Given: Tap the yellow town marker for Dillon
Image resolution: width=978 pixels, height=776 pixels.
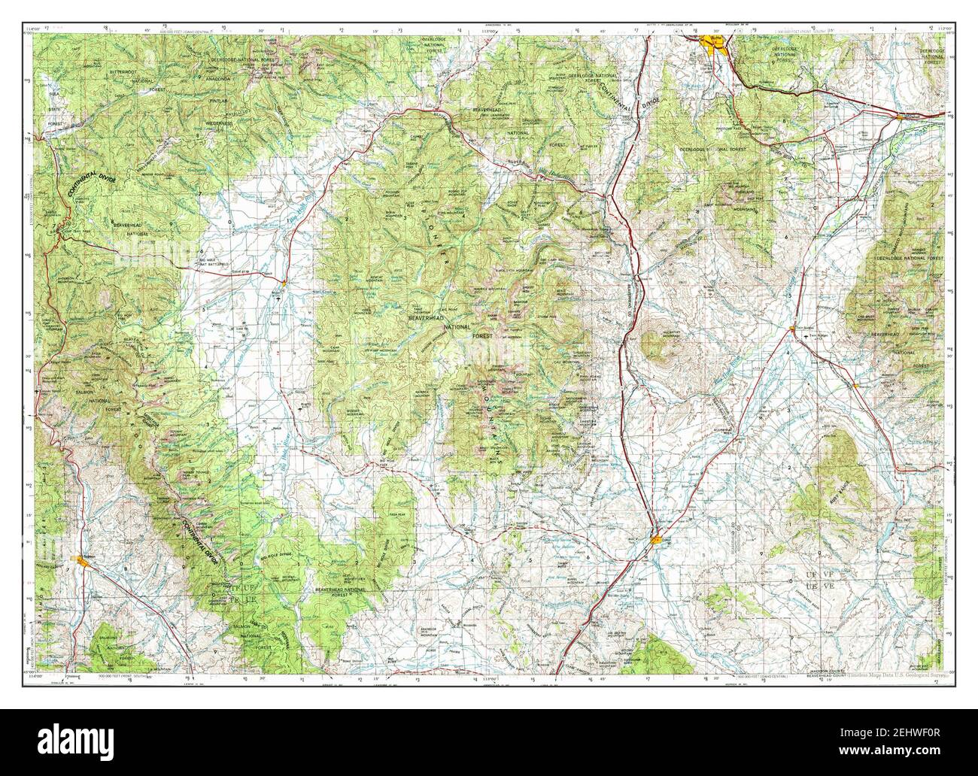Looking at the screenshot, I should click(x=657, y=538).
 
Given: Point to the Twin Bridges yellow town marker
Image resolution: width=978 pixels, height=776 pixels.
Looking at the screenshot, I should click(x=794, y=329).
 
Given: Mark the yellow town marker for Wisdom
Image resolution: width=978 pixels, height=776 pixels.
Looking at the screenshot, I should click(x=282, y=280).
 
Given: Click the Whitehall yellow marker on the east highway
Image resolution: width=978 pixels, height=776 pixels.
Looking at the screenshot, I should click(x=903, y=117).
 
